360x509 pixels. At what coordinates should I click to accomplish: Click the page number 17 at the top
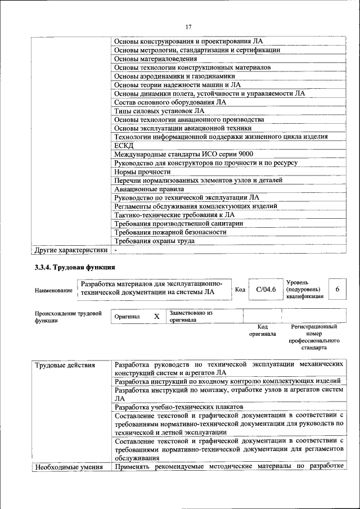coord(188,26)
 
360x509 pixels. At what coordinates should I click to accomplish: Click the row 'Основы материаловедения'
coord(155,58)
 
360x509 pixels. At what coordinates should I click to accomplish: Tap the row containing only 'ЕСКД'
coord(123,146)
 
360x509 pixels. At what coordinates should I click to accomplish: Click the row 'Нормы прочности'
coord(142,172)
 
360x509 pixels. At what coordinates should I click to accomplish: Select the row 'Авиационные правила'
coord(148,189)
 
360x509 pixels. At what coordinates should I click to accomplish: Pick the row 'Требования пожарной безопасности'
coord(170,232)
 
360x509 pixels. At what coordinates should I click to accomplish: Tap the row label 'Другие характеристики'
coord(70,250)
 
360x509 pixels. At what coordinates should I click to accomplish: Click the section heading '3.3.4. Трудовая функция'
coord(75,268)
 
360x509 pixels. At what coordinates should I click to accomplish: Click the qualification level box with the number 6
coord(337,289)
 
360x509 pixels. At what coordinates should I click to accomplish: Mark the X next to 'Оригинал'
coord(156,317)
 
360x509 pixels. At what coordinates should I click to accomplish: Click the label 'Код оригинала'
coord(262,330)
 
